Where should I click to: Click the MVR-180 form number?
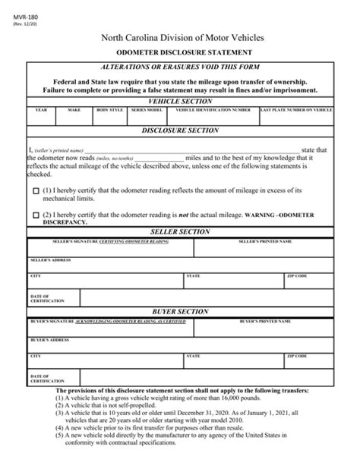click(x=20, y=9)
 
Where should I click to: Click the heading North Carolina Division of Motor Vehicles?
click(x=179, y=37)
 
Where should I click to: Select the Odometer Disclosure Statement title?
click(x=179, y=54)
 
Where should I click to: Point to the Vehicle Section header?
click(x=180, y=100)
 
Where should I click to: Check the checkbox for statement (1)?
click(x=36, y=193)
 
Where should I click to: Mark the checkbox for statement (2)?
click(x=36, y=216)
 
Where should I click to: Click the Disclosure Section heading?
click(x=180, y=131)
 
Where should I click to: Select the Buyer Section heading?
click(x=180, y=311)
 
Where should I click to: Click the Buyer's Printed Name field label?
click(x=265, y=321)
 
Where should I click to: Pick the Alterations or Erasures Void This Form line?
click(x=180, y=68)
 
